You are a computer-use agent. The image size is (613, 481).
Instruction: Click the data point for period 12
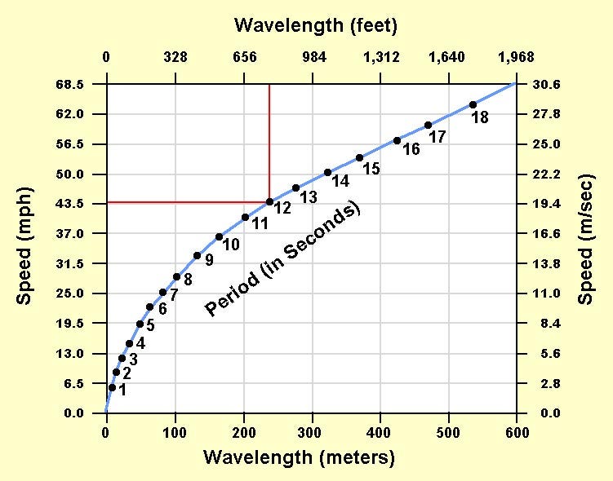[x=269, y=201]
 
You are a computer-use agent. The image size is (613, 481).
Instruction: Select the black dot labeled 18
[x=473, y=104]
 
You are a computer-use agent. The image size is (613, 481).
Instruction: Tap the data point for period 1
[x=112, y=387]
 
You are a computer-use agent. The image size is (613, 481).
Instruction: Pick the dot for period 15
[x=359, y=157]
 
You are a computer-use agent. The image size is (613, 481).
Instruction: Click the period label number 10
[x=230, y=244]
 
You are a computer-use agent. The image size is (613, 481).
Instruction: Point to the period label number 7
[x=173, y=294]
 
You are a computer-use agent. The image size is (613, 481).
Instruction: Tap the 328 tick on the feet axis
[x=175, y=57]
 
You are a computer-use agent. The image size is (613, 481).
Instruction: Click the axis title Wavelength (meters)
[x=299, y=457]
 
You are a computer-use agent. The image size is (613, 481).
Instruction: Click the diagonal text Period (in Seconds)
[x=282, y=259]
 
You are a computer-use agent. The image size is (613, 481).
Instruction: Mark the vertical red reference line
[x=269, y=139]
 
